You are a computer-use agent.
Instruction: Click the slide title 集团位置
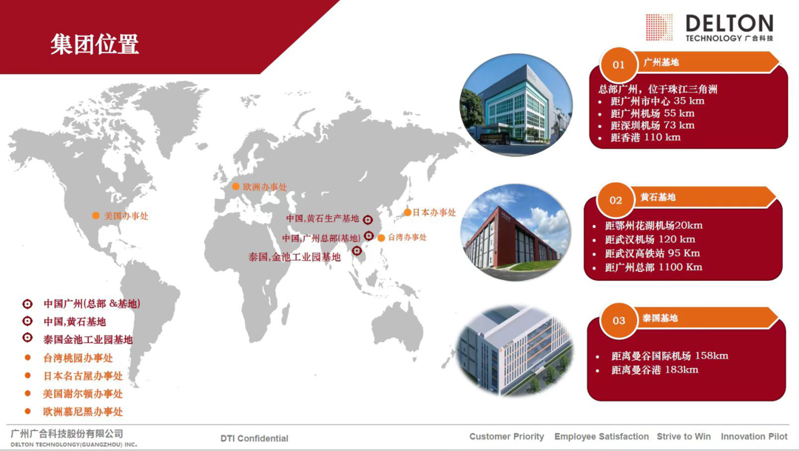point(95,44)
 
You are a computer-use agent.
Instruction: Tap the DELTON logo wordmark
point(729,24)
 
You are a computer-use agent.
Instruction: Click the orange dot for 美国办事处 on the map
point(95,216)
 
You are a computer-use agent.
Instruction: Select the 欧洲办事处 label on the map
point(265,187)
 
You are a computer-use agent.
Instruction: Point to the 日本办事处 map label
point(434,213)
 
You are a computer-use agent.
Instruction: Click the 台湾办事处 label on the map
point(407,237)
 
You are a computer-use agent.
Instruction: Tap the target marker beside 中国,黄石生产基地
point(368,220)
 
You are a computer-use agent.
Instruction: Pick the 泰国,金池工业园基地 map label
point(294,257)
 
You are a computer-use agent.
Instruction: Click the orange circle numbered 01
point(618,64)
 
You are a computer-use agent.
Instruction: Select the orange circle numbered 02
point(616,200)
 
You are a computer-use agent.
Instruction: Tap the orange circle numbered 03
point(618,321)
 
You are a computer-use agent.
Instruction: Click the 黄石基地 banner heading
point(658,197)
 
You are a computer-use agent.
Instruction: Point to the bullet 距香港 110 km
point(645,137)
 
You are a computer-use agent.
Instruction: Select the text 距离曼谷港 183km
point(655,370)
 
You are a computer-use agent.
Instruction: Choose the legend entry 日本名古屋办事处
point(83,376)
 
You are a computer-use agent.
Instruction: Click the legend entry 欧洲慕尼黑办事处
point(83,412)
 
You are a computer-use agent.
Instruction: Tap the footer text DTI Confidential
point(254,438)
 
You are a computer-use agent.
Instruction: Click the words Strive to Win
point(684,436)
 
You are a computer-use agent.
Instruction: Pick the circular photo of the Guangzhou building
point(516,105)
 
